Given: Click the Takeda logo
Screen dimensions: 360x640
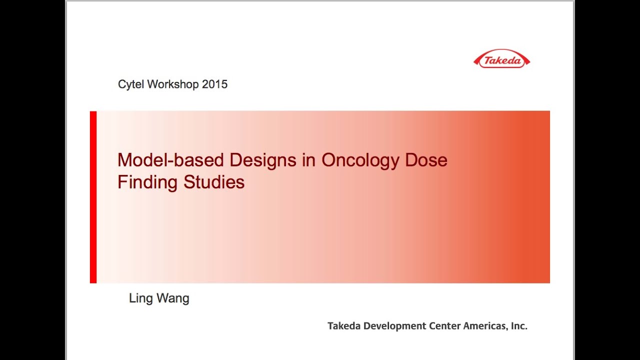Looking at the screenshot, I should click(501, 59).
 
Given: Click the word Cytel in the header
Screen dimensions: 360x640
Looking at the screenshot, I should click(131, 84).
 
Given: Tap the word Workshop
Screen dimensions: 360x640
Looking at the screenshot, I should click(173, 84).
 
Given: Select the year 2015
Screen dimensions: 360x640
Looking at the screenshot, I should click(215, 84).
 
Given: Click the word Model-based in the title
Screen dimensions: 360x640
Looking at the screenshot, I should click(170, 160).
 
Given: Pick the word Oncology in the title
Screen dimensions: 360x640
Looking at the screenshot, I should click(360, 160).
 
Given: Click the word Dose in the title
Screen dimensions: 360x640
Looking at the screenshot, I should click(426, 160).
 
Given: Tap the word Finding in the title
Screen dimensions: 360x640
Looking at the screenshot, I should click(147, 182).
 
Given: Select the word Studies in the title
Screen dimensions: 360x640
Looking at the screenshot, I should click(214, 182).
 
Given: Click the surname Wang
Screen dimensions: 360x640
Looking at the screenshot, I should click(173, 298).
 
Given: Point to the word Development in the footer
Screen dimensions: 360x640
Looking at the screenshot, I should click(394, 326).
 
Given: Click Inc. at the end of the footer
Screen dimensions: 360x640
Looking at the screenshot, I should click(519, 326).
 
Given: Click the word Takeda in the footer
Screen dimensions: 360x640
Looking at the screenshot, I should click(344, 326).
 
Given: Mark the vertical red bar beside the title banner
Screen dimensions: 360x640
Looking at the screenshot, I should click(93, 197).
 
